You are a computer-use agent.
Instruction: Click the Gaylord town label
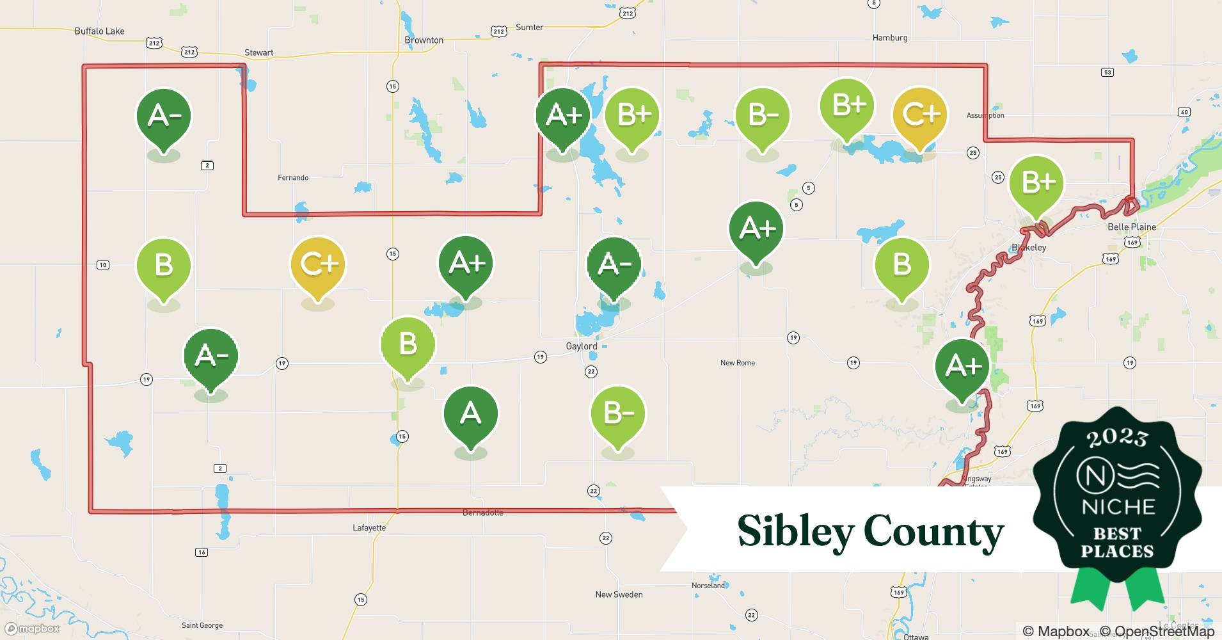tap(581, 346)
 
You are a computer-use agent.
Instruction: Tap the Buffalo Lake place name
tap(99, 31)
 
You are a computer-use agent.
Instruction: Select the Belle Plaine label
tap(1131, 227)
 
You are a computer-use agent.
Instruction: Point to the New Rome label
tap(737, 363)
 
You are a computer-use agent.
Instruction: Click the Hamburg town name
tap(889, 38)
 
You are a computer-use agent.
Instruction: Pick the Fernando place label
tap(293, 177)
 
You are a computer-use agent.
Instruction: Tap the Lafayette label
tap(369, 528)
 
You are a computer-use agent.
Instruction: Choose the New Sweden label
tap(619, 595)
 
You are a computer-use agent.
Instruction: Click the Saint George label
tap(202, 625)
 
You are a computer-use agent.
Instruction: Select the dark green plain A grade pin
tap(470, 414)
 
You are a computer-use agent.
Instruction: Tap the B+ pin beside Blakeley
tap(1036, 184)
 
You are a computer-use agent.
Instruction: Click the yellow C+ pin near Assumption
tap(919, 115)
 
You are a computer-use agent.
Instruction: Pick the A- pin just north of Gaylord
tap(614, 264)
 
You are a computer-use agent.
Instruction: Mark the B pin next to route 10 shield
tap(164, 266)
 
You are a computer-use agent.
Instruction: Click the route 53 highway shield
tap(1107, 72)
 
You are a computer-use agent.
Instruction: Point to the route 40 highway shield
tap(1184, 112)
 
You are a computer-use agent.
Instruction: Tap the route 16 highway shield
tap(202, 552)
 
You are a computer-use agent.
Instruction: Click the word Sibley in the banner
tap(795, 531)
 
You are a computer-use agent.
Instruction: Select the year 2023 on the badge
tap(1117, 438)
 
